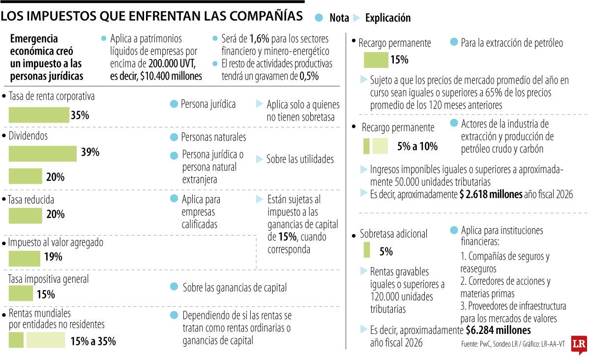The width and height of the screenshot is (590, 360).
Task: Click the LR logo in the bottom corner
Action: coord(579,345)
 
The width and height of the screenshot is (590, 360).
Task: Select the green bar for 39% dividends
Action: coord(43,153)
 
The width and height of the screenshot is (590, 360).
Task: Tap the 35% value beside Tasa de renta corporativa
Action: coord(80,116)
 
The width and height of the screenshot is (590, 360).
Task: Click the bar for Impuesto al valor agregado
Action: coord(24,258)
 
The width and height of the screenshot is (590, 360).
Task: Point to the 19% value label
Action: coord(53,257)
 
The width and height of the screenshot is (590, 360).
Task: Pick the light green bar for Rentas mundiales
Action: coord(46,340)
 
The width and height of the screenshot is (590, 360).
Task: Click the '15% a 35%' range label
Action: coord(93,341)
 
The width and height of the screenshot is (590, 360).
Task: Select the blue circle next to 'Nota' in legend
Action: coord(319,18)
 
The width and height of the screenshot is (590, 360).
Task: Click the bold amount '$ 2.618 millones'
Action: coord(491,195)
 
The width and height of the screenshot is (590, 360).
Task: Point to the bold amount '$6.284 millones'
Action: coord(498,330)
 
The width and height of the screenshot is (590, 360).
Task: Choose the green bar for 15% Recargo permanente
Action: coord(376,60)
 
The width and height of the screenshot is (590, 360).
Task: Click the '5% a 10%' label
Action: coord(417,147)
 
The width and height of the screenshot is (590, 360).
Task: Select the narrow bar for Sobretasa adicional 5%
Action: coord(367,250)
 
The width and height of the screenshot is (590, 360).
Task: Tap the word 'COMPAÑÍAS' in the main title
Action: coord(261,16)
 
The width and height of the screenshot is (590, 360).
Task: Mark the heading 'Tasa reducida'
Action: coord(31,200)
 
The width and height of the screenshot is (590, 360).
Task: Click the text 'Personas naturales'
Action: coord(213,137)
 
